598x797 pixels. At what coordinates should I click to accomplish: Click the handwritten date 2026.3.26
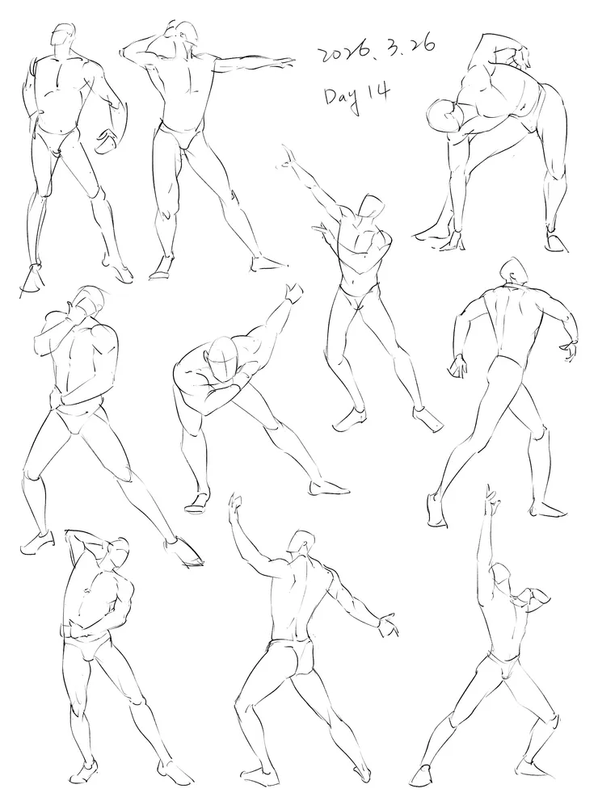[377, 49]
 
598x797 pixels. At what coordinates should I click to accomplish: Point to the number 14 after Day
[381, 94]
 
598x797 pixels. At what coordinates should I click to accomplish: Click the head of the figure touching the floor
[444, 117]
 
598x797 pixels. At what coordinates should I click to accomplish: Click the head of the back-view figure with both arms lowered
[514, 272]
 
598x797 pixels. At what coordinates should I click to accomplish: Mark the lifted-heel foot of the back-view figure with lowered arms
[435, 510]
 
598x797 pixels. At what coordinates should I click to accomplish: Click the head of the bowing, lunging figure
[223, 359]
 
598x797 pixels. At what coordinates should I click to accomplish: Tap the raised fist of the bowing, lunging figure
[294, 293]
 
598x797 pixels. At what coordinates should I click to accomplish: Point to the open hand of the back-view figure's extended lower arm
[389, 625]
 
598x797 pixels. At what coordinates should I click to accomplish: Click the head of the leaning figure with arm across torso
[371, 208]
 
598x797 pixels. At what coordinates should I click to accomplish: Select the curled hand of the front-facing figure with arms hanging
[108, 139]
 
